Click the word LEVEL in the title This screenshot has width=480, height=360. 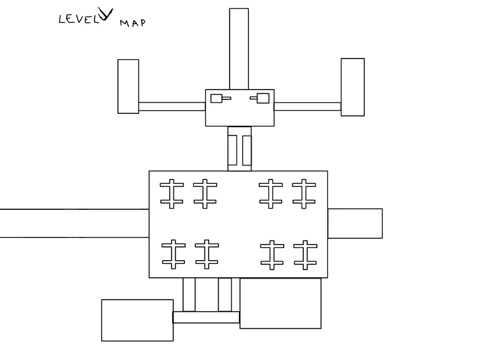point(79,19)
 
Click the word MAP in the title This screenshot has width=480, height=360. point(132,23)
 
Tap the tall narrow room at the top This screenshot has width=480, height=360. point(239,49)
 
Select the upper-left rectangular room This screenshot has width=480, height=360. point(128,87)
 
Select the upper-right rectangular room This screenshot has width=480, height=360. point(353,87)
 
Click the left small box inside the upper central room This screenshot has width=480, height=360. point(216,99)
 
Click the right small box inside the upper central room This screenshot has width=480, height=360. point(263,99)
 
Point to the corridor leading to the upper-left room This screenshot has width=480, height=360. point(172,106)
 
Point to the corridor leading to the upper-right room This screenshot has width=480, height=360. point(307,106)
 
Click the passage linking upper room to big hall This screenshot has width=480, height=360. point(240,149)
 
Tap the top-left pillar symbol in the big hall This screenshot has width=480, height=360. point(172,193)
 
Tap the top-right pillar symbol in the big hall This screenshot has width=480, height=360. point(304,193)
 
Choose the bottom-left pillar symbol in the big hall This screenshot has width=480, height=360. point(174,254)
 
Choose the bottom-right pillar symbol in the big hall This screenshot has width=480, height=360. point(305,255)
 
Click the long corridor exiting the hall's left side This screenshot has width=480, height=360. point(74,223)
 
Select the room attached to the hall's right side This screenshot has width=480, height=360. point(355,223)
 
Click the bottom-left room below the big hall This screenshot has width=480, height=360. point(137,320)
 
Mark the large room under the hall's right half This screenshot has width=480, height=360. point(280,303)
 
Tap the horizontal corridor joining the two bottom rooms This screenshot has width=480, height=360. point(206,317)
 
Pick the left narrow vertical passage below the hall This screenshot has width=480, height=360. point(189,294)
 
